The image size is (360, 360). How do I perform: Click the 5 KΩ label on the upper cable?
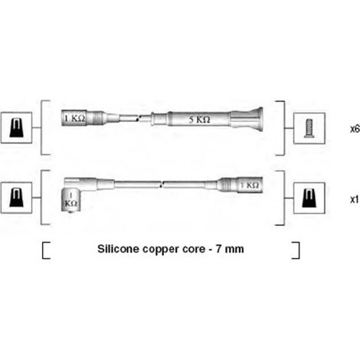click(199, 119)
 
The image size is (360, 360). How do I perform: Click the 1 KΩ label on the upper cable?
click(74, 118)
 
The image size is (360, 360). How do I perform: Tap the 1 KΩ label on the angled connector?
click(70, 200)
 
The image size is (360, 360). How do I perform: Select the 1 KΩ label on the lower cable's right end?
click(250, 185)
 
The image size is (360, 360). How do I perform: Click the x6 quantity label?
click(355, 129)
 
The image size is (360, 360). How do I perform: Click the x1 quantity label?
click(355, 199)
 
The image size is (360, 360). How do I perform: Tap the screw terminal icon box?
click(309, 128)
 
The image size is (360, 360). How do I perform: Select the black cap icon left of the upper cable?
click(16, 128)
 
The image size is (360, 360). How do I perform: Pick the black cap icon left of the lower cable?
click(16, 198)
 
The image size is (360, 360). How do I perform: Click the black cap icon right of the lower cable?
click(309, 198)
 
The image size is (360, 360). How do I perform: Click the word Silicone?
click(118, 249)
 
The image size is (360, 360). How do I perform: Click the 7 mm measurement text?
click(230, 249)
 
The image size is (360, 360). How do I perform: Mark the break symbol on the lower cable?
click(161, 185)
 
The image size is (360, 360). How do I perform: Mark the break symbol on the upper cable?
click(138, 119)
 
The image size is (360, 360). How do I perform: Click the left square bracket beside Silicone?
click(46, 250)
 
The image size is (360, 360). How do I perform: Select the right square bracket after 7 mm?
click(296, 250)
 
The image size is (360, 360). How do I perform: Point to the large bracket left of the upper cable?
click(41, 128)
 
